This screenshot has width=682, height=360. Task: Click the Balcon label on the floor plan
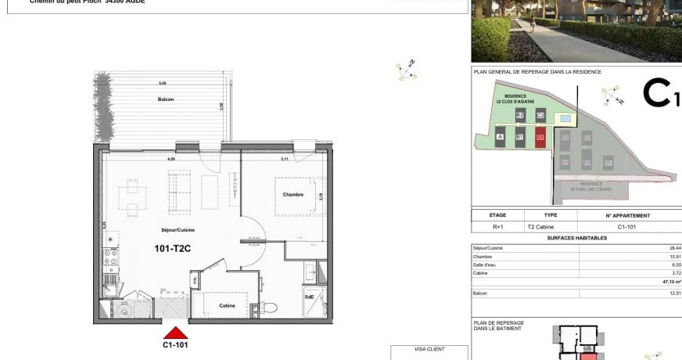[165, 99]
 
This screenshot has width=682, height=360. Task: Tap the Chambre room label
[293, 194]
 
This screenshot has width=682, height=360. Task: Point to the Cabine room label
[228, 305]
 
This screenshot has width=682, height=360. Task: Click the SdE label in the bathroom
[310, 297]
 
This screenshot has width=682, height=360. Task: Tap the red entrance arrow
[175, 333]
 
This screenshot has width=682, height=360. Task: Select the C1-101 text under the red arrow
[175, 344]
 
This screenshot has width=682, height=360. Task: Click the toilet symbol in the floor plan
[267, 307]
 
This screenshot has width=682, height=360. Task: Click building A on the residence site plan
[500, 137]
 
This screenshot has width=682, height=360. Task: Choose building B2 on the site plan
[520, 115]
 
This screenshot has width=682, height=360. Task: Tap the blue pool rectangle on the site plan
[563, 118]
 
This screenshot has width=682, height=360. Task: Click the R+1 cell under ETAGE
[497, 226]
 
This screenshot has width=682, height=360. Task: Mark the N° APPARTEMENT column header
[627, 215]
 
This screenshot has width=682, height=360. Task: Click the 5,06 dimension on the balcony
[162, 83]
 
